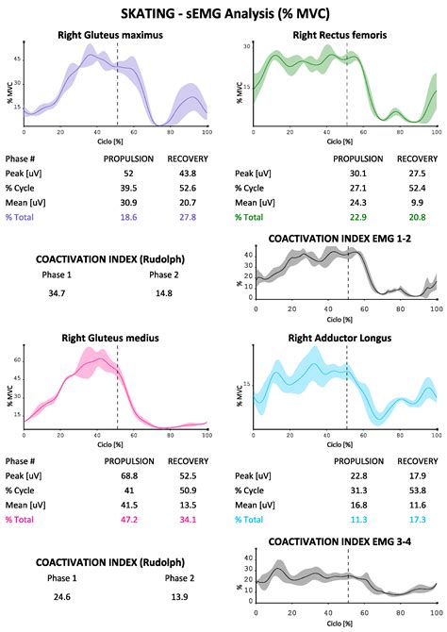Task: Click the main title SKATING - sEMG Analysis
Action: (x=223, y=14)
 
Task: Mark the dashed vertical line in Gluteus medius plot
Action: (x=117, y=387)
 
